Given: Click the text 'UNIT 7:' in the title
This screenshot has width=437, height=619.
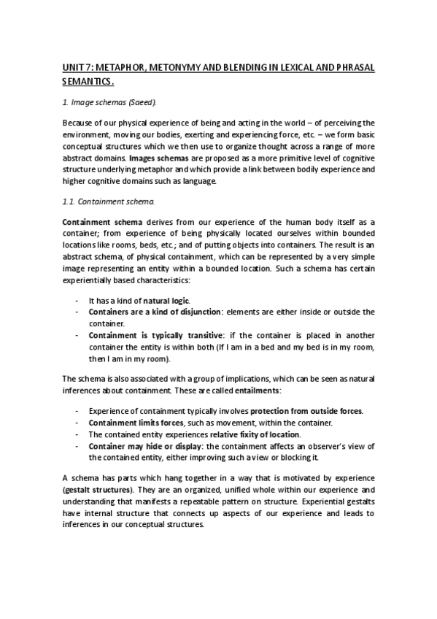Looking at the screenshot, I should point(76,67).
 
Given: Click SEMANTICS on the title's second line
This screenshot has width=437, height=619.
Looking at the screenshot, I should point(88,82).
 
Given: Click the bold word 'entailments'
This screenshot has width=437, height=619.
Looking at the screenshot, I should point(265,391).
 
